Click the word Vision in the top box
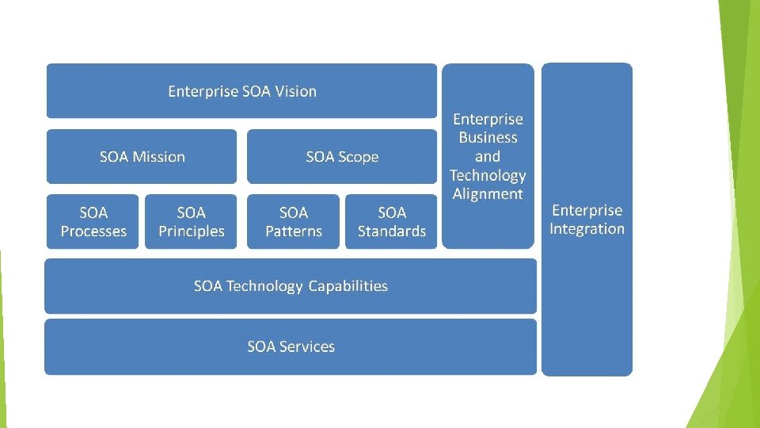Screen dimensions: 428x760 click(x=295, y=91)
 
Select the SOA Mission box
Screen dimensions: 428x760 click(x=142, y=156)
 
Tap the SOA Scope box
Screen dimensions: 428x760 click(x=342, y=156)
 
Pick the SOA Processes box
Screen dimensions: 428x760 click(x=93, y=222)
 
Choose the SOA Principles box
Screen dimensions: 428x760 click(x=191, y=222)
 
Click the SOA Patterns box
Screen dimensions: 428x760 click(x=293, y=222)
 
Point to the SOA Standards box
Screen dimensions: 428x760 click(x=391, y=222)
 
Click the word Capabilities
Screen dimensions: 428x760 click(x=348, y=286)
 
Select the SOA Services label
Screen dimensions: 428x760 click(x=291, y=346)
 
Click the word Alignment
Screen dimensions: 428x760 click(x=488, y=194)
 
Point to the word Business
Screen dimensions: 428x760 click(x=488, y=138)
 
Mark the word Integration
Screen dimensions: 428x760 click(x=587, y=230)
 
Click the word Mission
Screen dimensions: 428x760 click(x=158, y=157)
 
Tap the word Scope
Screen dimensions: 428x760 click(x=359, y=157)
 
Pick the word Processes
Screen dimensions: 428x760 click(x=93, y=231)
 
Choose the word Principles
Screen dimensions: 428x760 click(x=192, y=231)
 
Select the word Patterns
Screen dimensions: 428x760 click(x=294, y=231)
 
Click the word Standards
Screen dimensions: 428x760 click(x=392, y=231)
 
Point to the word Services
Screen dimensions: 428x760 click(x=306, y=346)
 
